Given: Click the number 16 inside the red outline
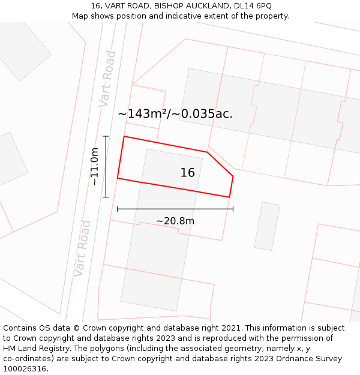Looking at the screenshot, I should (x=188, y=173).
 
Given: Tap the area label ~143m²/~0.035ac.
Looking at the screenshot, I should (x=175, y=113).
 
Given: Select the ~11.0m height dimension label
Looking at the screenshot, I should (x=94, y=167).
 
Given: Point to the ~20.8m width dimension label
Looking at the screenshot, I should (x=175, y=221).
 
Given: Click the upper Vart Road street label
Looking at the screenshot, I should (x=107, y=79).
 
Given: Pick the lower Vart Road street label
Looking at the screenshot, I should (x=82, y=248).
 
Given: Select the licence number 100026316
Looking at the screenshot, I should (x=26, y=369).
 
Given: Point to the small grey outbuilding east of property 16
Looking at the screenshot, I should (x=267, y=226).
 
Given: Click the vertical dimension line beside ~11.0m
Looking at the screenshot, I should (x=106, y=167).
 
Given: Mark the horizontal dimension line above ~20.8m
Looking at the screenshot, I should (x=175, y=209).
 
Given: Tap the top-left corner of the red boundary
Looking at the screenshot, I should (x=124, y=137).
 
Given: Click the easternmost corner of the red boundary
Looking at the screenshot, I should (x=233, y=176).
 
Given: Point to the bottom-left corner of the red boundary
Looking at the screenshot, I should (x=118, y=178).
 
